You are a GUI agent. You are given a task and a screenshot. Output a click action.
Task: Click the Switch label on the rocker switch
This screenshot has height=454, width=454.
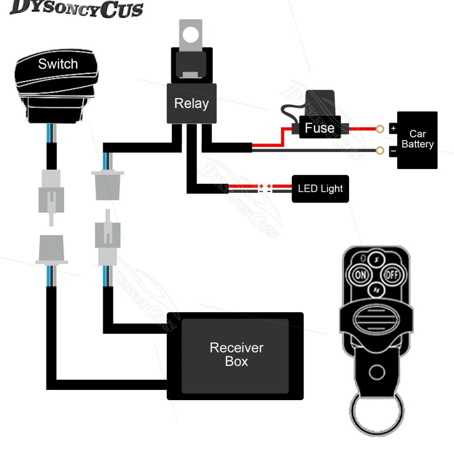[x=57, y=64]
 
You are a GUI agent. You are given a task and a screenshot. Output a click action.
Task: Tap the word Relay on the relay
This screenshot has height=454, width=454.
[x=191, y=103]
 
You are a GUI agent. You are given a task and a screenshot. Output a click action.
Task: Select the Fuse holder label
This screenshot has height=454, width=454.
[x=320, y=128]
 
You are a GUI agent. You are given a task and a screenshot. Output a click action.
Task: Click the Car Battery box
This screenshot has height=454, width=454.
[x=417, y=140]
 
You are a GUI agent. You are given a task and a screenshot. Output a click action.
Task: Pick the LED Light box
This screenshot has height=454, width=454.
[x=320, y=188]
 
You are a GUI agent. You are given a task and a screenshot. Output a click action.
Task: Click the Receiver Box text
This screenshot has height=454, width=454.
[x=236, y=354]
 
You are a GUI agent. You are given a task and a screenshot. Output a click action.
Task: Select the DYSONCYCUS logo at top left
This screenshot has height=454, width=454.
[x=77, y=10]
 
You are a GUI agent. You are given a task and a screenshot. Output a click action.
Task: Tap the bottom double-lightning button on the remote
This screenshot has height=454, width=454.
[x=375, y=291]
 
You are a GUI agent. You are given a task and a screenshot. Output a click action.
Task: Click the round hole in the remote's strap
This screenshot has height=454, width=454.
[x=376, y=372]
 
